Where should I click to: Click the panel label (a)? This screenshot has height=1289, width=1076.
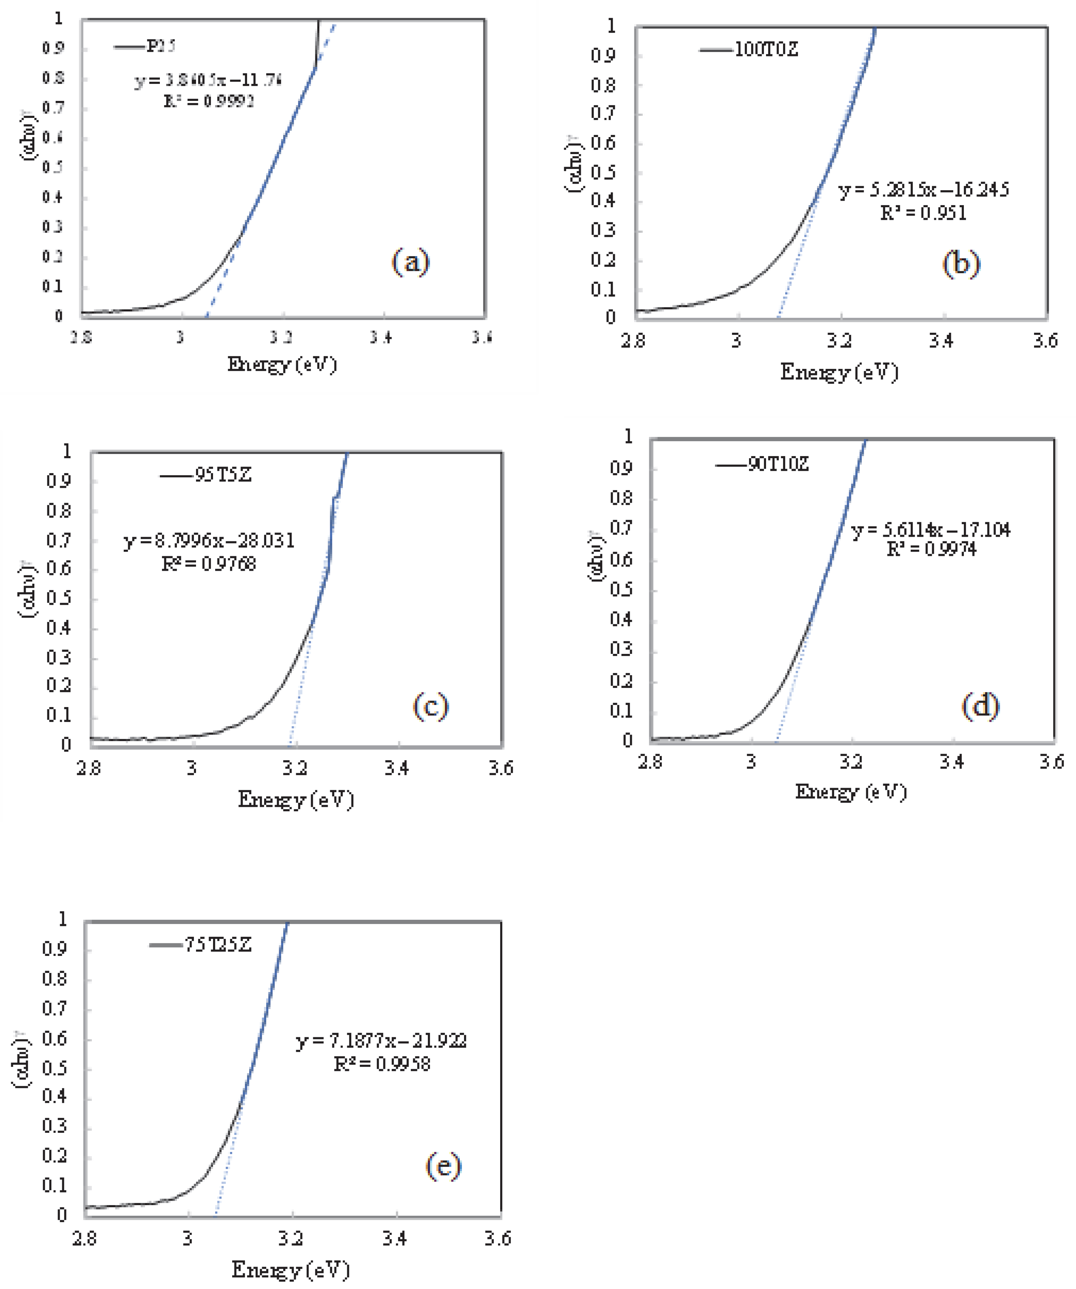411,262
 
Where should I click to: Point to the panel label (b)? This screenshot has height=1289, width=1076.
961,264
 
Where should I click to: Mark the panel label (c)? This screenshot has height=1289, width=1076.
430,706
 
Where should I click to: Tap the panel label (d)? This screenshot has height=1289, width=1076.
980,706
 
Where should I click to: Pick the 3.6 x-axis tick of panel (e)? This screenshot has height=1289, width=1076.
497,1239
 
